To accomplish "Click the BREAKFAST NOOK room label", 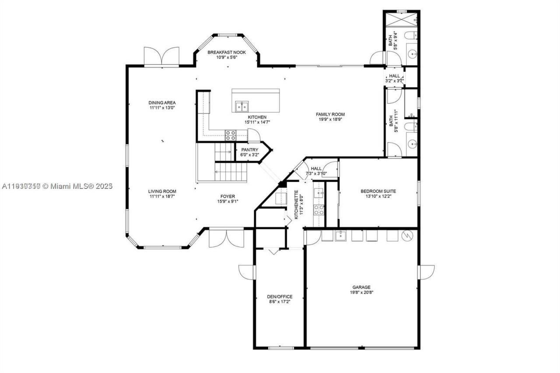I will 227,52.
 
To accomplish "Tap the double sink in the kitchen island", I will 241,106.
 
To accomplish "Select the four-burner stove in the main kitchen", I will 231,135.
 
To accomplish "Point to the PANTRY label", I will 249,150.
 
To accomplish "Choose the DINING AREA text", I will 162,103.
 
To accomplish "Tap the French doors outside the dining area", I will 161,56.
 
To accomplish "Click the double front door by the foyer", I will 226,239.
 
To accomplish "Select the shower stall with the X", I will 401,20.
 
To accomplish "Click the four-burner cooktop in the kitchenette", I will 319,210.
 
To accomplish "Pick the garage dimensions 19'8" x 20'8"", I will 361,292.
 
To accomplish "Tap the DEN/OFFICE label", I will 280,296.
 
